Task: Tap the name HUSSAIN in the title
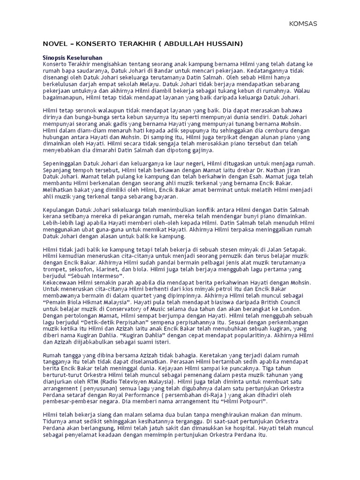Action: click(x=224, y=44)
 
